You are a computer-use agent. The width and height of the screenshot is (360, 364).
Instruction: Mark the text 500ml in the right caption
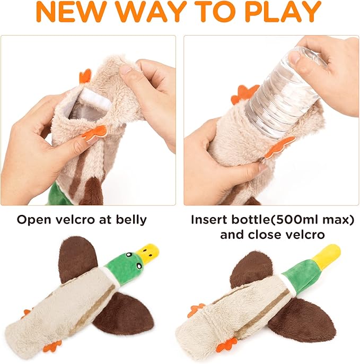click(287, 219)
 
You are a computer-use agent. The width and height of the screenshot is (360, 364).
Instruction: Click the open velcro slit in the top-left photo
click(87, 103)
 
